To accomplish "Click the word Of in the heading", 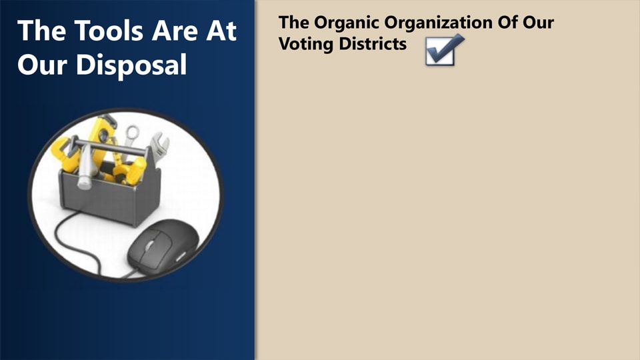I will (x=511, y=22).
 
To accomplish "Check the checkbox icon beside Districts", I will (x=441, y=51).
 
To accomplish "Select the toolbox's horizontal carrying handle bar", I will (x=107, y=148).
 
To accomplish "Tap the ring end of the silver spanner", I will (x=132, y=131).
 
